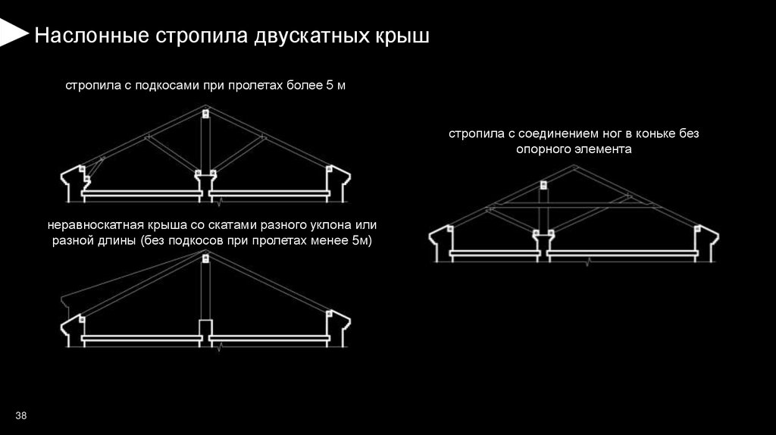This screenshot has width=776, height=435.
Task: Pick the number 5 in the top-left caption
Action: point(329,86)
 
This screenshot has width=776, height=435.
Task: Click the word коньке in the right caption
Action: point(630,134)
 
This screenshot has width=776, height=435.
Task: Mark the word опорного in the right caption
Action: point(544,149)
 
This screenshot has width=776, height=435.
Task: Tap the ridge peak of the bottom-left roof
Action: point(205,250)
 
